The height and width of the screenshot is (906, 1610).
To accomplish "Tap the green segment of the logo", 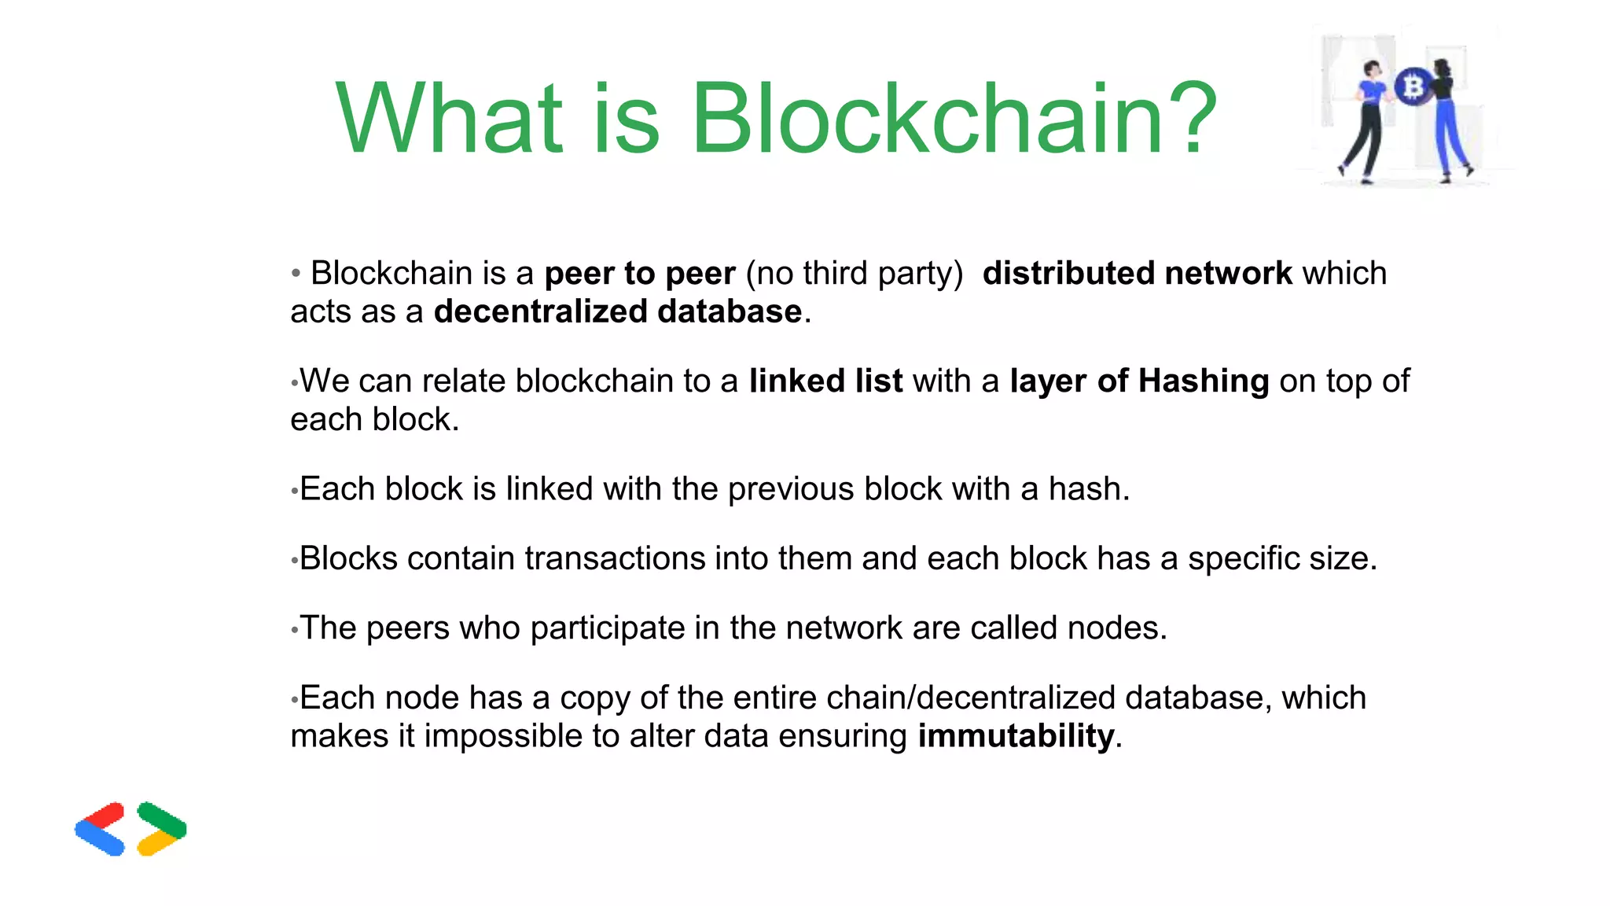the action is (161, 818).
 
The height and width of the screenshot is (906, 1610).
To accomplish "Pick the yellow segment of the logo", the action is (157, 843).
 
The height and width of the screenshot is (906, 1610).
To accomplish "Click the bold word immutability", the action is (1016, 736).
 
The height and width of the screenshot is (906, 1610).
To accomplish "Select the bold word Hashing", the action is (1203, 381).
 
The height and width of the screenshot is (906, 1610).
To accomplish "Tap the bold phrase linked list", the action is (825, 381).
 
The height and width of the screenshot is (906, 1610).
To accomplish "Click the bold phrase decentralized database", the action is (618, 311).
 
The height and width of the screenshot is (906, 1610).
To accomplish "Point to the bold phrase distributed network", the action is (1137, 274).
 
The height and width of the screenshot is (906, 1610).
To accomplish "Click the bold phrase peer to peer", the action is (640, 274).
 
